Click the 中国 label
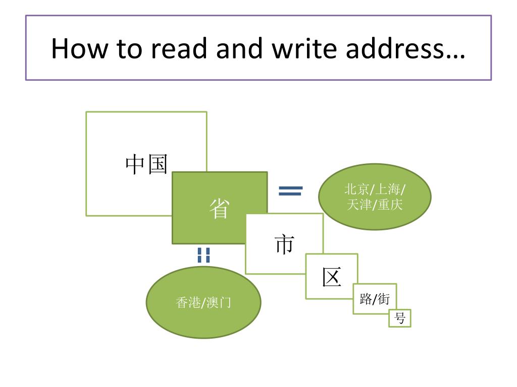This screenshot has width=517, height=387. coord(146,164)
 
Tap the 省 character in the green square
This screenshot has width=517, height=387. coord(219,208)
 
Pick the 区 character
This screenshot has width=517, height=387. coord(332,277)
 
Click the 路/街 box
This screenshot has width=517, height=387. coord(375,299)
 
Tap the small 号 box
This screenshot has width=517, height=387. coord(399,318)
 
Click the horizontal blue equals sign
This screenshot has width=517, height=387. coord(291,190)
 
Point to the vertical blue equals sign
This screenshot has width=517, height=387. coord(203,255)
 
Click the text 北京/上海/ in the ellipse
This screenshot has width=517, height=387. coord(375,189)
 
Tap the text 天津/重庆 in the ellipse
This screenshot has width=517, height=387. coord(375,205)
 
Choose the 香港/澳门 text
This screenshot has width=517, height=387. coord(203,302)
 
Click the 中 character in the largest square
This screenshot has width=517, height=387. coord(136,164)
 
